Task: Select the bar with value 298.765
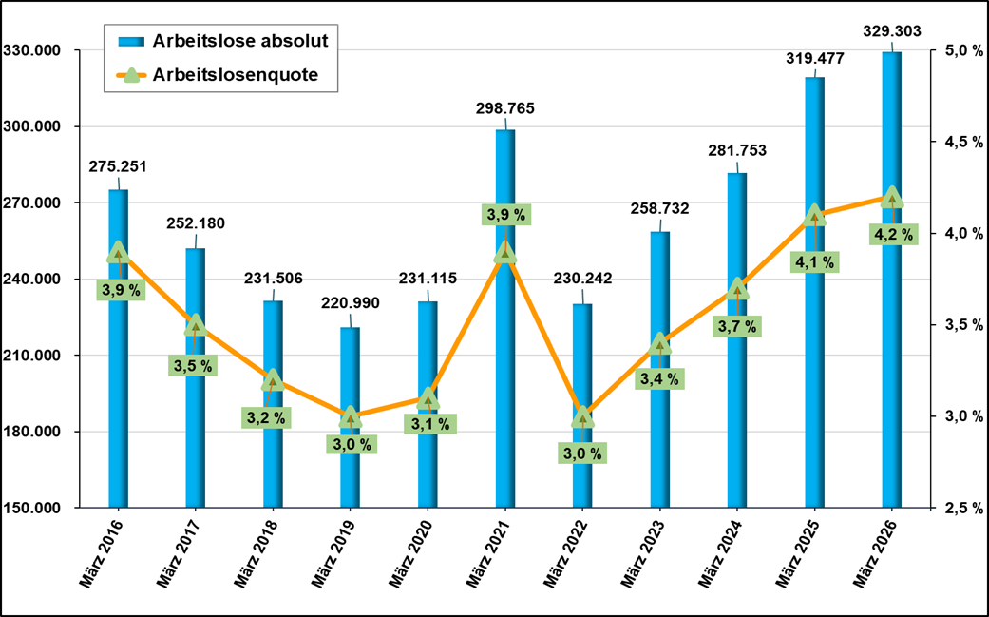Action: coord(505,380)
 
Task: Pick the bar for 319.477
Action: coord(815,380)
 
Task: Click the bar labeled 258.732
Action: coord(660,428)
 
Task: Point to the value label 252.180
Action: coord(197,224)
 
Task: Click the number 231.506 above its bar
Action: coord(274,279)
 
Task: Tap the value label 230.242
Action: coord(582,280)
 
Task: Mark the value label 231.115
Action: coord(428,279)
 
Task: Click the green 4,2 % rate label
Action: coord(893,234)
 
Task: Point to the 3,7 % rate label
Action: coord(737,326)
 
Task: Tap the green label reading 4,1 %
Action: coord(815,262)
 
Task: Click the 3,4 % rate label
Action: coord(660,379)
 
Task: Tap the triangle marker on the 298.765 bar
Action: coord(505,253)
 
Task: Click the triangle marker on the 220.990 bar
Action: coord(351,417)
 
